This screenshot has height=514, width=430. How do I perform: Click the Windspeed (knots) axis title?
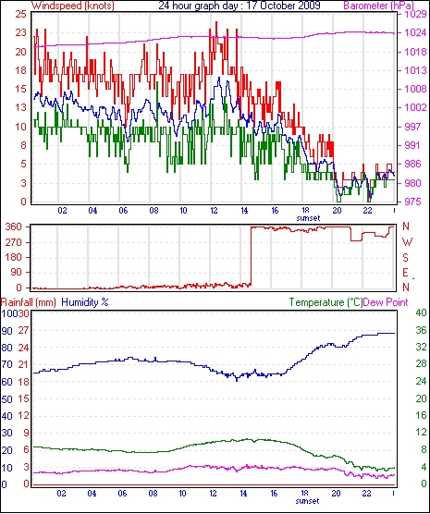click(x=73, y=6)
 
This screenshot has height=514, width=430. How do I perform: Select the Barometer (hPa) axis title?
click(x=378, y=6)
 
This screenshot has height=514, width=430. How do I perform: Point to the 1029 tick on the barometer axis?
click(x=414, y=15)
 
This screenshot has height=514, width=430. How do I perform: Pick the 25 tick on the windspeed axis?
click(x=20, y=15)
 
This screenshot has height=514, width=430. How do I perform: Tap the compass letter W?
click(x=407, y=242)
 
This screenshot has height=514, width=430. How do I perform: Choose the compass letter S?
click(x=405, y=258)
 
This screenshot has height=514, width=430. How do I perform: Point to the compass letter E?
click(x=405, y=273)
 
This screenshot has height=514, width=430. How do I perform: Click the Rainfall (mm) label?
click(x=29, y=302)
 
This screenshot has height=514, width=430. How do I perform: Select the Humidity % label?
click(x=85, y=302)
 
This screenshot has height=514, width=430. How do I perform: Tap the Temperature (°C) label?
click(x=326, y=302)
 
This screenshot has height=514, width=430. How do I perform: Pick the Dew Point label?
click(x=386, y=302)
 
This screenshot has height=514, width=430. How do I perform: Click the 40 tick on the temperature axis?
click(x=421, y=312)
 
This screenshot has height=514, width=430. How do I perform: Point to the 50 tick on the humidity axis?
click(x=6, y=399)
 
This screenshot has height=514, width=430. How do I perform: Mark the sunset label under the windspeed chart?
click(x=308, y=218)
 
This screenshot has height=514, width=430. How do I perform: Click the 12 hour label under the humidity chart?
click(x=214, y=493)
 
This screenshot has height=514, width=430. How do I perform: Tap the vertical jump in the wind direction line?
click(x=251, y=256)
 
